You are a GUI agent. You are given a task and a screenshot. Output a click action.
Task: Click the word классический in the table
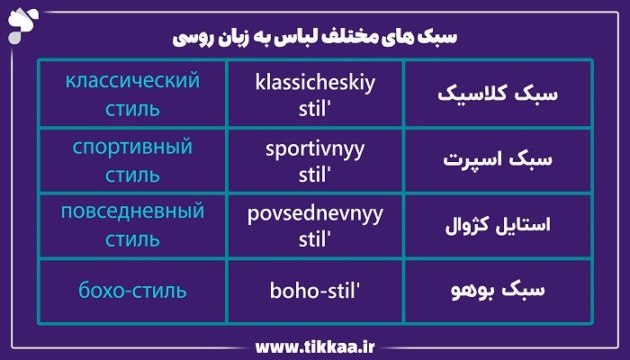(x=132, y=82)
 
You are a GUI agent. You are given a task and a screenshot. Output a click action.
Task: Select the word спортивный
(x=132, y=147)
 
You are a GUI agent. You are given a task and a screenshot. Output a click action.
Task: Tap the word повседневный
(x=132, y=212)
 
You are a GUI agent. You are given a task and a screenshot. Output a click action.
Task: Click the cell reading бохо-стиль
(x=132, y=291)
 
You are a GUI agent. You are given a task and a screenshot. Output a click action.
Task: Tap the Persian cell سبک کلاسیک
(x=498, y=94)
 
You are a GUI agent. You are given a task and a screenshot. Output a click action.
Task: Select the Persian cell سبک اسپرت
(x=498, y=160)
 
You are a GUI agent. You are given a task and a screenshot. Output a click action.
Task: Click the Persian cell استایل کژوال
(x=498, y=225)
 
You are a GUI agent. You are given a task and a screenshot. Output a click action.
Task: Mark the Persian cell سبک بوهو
(x=498, y=291)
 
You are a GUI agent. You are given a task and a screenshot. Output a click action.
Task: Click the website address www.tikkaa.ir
(x=315, y=346)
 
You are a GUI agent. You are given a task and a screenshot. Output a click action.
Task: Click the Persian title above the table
(x=314, y=38)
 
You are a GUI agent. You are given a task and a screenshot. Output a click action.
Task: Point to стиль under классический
(x=132, y=110)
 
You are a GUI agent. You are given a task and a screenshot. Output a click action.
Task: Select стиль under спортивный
(x=132, y=175)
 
